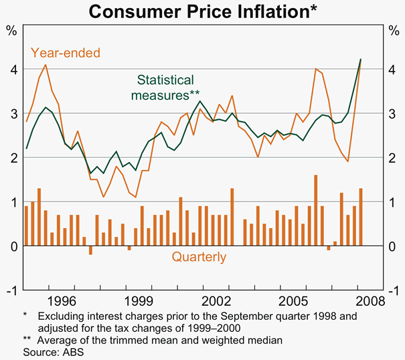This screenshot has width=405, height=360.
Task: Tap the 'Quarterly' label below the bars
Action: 199,257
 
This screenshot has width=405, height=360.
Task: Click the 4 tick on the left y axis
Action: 13,69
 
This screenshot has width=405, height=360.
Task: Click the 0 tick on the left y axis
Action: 13,246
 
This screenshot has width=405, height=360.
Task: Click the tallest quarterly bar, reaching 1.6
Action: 315,210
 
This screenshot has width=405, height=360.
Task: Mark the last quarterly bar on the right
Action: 361,217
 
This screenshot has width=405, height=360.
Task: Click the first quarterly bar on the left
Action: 26,226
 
